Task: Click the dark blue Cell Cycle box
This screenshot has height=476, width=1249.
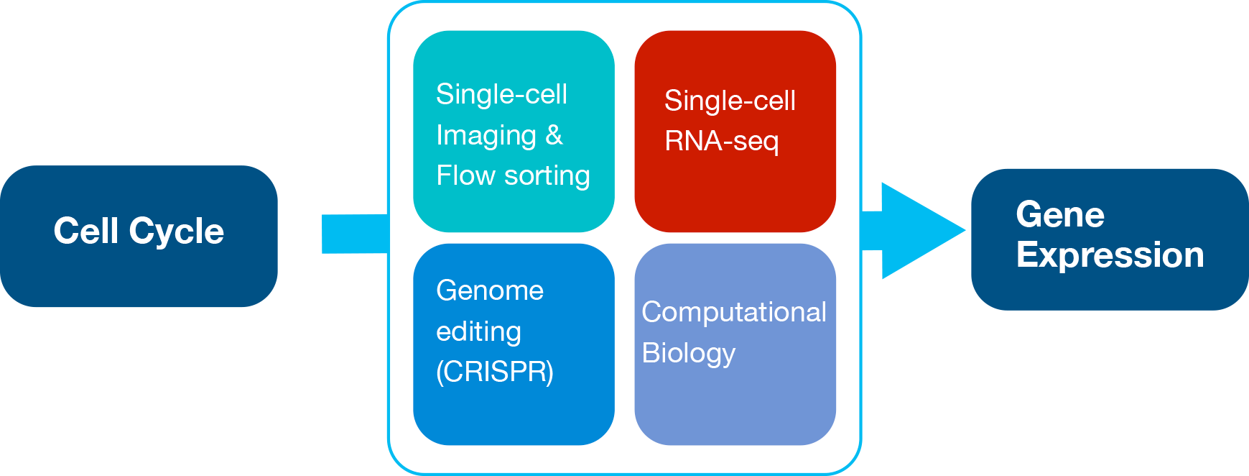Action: coord(139,236)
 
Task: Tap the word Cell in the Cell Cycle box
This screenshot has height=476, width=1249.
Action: coord(86,231)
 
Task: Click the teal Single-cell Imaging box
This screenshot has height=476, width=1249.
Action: coord(514,131)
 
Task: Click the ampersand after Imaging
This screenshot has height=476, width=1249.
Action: coord(554,135)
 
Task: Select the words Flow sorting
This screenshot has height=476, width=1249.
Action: coord(513,175)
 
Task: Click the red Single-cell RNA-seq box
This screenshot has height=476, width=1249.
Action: coord(735,131)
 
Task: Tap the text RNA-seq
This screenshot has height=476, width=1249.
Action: coord(722,142)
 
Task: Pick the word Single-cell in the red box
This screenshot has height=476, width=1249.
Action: coord(730,101)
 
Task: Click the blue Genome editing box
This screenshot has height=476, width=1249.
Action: coord(514,344)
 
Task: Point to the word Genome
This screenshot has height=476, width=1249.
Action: coord(490,290)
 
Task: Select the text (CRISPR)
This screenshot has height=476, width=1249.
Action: coord(495,372)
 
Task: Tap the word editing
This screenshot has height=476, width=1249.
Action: coord(478,332)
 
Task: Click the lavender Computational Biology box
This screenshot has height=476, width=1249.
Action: coord(735,344)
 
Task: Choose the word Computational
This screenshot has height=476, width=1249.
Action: coord(734,313)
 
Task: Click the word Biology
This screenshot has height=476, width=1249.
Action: coord(689,354)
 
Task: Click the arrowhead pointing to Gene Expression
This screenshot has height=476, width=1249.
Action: coord(923,231)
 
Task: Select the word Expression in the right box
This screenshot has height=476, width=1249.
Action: coord(1110,256)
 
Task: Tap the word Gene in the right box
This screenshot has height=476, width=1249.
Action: coord(1060,214)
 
